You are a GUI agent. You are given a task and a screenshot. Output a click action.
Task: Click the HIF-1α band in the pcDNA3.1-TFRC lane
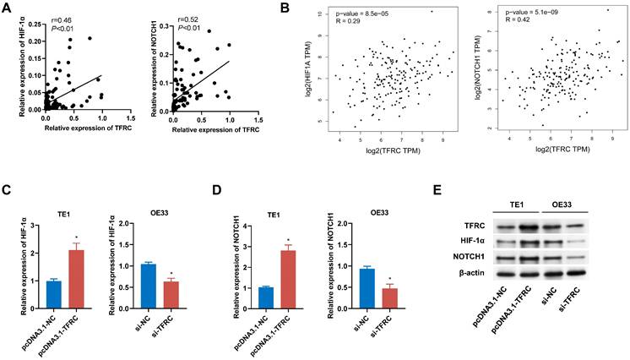(536, 243)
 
